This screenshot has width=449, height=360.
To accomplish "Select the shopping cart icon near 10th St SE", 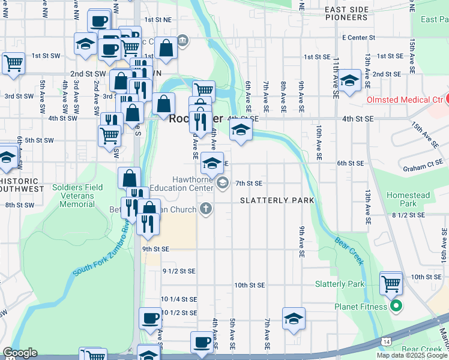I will coord(391,282).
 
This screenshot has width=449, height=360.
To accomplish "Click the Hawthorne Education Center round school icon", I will coord(223,183).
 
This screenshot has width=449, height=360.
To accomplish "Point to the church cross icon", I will coord(206,209).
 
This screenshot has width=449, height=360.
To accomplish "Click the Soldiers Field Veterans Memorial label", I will coord(77,196).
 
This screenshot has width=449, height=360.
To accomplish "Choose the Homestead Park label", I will coord(408,199).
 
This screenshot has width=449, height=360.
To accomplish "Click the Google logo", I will coord(20,353).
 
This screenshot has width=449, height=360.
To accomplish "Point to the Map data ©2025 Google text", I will coord(411,355).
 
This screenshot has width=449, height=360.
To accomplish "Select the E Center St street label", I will coord(358,37).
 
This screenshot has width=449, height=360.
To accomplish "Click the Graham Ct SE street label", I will coord(424,169).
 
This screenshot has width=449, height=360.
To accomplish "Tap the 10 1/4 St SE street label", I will coord(179,299).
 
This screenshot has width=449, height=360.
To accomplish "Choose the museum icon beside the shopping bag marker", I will coord(183,41).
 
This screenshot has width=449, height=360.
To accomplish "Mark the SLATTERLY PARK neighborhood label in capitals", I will coord(277,200).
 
